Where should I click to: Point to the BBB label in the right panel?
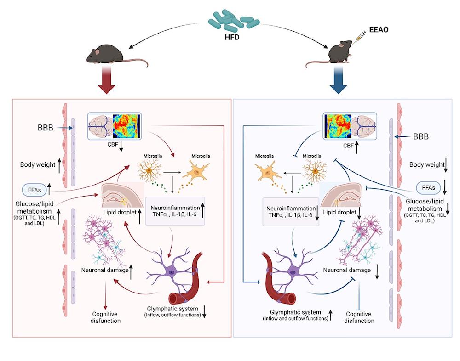coord(421,136)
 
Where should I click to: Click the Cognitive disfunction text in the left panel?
coord(106,317)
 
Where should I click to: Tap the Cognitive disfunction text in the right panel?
coord(359,317)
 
